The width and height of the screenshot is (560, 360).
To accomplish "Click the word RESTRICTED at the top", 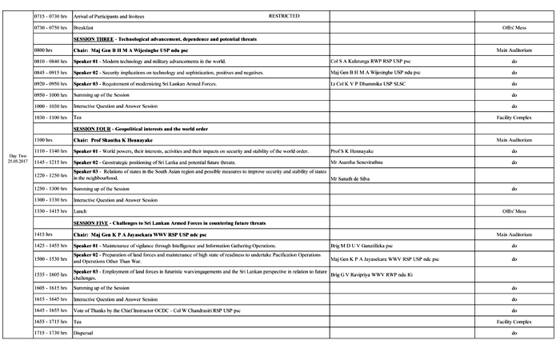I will pyautogui.click(x=282, y=15).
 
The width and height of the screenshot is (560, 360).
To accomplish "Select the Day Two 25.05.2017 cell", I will pyautogui.click(x=17, y=158).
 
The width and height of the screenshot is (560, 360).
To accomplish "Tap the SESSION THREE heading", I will pyautogui.click(x=94, y=38).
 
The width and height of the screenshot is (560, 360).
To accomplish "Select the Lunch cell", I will pyautogui.click(x=79, y=210).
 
